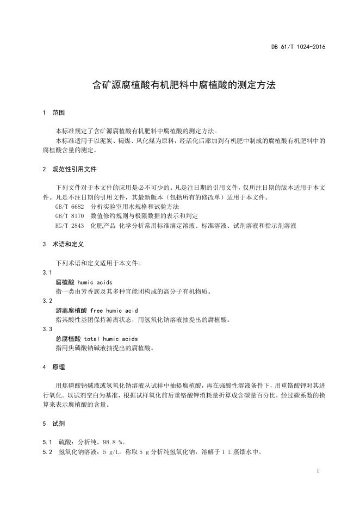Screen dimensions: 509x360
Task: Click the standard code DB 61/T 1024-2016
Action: tap(298, 47)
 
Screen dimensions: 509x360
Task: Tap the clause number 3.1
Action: tap(47, 272)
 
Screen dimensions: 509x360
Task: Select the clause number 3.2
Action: tap(47, 301)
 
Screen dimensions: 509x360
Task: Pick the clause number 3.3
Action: tap(47, 329)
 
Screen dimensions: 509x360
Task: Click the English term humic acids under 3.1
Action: tap(95, 282)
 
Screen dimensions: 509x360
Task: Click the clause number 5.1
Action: tap(47, 442)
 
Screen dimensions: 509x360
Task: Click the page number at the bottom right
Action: tap(318, 470)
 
